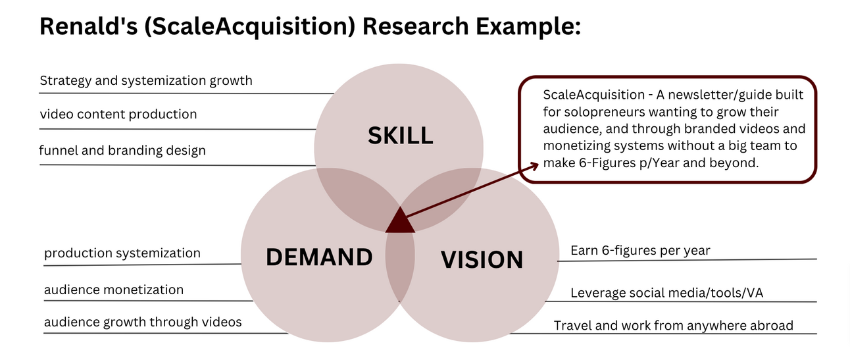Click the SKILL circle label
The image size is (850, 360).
click(x=400, y=136)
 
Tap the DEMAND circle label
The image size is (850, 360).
click(x=319, y=257)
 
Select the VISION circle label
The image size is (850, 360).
click(x=482, y=259)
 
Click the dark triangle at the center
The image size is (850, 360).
click(x=400, y=222)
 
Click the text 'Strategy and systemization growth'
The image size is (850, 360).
click(x=146, y=81)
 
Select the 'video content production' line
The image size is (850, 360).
click(x=118, y=114)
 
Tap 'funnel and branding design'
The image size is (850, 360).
click(x=122, y=150)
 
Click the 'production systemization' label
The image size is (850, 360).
click(x=122, y=253)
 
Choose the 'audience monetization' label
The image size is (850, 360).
click(x=114, y=290)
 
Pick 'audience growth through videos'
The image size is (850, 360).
click(x=143, y=322)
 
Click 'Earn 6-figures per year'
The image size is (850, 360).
click(x=640, y=250)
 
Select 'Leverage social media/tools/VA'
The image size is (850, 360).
click(x=666, y=293)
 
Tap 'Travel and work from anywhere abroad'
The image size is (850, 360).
click(x=674, y=325)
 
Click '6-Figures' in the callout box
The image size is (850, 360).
click(x=602, y=163)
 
